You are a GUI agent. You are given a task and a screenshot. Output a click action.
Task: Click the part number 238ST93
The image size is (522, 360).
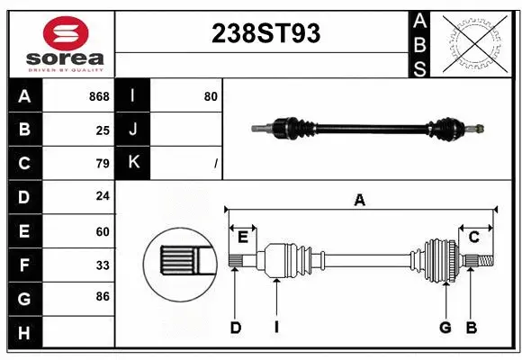pyautogui.click(x=265, y=33)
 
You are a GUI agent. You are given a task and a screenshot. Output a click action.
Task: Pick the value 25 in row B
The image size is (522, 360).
pyautogui.click(x=103, y=130)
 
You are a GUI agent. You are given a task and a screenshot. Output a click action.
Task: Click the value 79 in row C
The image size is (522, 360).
pyautogui.click(x=103, y=163)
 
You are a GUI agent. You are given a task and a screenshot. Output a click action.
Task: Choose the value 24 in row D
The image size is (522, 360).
pyautogui.click(x=103, y=195)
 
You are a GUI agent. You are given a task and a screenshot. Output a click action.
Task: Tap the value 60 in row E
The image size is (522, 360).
pyautogui.click(x=103, y=231)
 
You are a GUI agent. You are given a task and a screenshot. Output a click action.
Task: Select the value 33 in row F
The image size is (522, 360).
pyautogui.click(x=103, y=265)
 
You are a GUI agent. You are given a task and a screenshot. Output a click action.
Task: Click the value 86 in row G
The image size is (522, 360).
pyautogui.click(x=103, y=295)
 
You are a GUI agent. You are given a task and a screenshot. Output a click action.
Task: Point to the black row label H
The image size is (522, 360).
pyautogui.click(x=24, y=333)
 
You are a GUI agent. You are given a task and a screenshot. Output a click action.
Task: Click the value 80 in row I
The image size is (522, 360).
pyautogui.click(x=211, y=96)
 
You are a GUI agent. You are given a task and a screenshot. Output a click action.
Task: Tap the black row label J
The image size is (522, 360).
pyautogui.click(x=133, y=130)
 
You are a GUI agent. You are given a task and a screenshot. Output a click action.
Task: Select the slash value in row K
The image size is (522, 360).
pyautogui.click(x=216, y=164)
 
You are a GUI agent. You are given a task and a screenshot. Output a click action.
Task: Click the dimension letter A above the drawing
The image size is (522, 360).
pyautogui.click(x=359, y=201)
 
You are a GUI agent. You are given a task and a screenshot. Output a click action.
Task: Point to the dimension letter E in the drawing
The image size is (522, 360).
pyautogui.click(x=243, y=237)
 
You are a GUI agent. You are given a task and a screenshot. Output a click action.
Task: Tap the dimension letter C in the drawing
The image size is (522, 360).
pyautogui.click(x=473, y=237)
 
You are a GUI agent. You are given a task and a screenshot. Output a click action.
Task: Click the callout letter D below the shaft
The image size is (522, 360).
pyautogui.click(x=235, y=328)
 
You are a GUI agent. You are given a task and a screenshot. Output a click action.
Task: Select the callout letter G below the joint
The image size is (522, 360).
pyautogui.click(x=445, y=328)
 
